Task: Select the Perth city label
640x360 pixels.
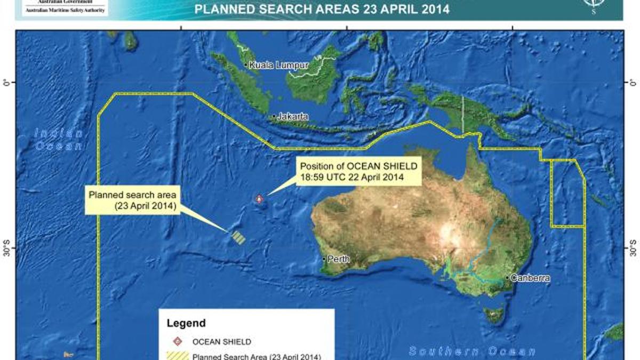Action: coord(339,259)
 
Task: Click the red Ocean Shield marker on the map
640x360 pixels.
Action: coord(259,199)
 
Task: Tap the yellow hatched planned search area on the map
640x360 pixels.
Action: coord(238,237)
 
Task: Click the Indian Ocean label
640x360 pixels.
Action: coord(59,140)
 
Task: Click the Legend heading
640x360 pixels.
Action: coord(186,323)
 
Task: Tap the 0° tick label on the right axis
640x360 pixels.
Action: coord(634,83)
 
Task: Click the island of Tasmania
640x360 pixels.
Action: coord(493,315)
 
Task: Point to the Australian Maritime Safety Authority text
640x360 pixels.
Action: coord(66,10)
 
